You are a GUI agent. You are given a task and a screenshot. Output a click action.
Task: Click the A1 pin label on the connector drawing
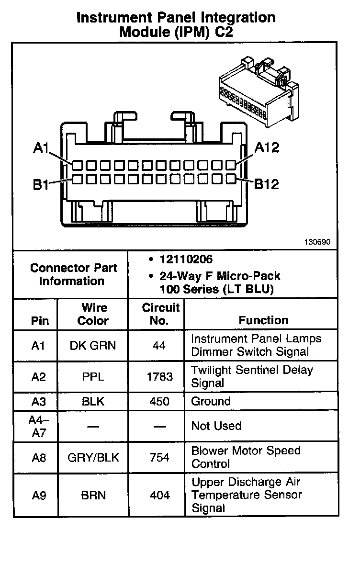41,149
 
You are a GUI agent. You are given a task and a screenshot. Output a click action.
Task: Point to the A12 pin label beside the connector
266,147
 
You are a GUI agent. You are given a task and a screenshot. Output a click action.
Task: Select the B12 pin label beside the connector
266,184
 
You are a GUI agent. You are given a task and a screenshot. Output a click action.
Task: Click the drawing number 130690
316,242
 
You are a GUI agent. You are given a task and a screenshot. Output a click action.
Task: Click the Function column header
263,320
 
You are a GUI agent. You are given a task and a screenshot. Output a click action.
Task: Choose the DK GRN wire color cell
93,346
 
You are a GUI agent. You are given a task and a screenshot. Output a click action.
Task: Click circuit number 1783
159,377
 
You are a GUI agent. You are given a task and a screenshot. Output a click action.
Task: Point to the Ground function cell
211,401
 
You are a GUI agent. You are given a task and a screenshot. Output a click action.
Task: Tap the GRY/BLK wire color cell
93,457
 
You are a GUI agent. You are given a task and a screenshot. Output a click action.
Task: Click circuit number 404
159,495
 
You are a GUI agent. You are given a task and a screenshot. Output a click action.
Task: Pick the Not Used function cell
216,426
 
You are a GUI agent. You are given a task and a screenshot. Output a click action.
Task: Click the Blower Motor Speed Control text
246,457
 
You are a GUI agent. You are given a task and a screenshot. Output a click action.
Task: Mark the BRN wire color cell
93,495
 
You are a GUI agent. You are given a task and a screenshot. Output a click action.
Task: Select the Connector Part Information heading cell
73,274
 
